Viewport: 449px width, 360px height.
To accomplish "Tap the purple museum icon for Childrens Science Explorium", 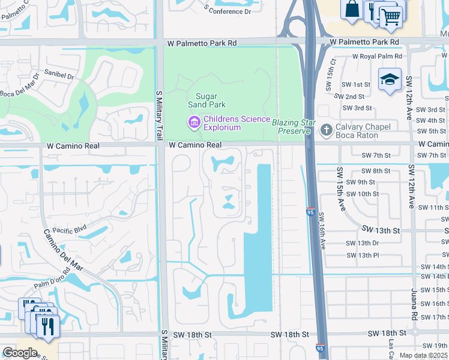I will [x=194, y=123].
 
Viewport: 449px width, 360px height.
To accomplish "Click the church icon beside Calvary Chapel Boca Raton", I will [x=326, y=130].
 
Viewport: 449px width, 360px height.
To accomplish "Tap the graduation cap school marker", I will [x=390, y=79].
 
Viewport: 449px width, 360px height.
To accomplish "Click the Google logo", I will [x=20, y=352].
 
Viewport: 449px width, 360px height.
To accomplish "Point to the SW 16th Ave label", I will [x=322, y=231].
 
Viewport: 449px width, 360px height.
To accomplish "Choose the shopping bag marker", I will [x=352, y=10].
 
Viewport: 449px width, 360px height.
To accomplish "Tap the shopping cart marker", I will [x=391, y=15].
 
